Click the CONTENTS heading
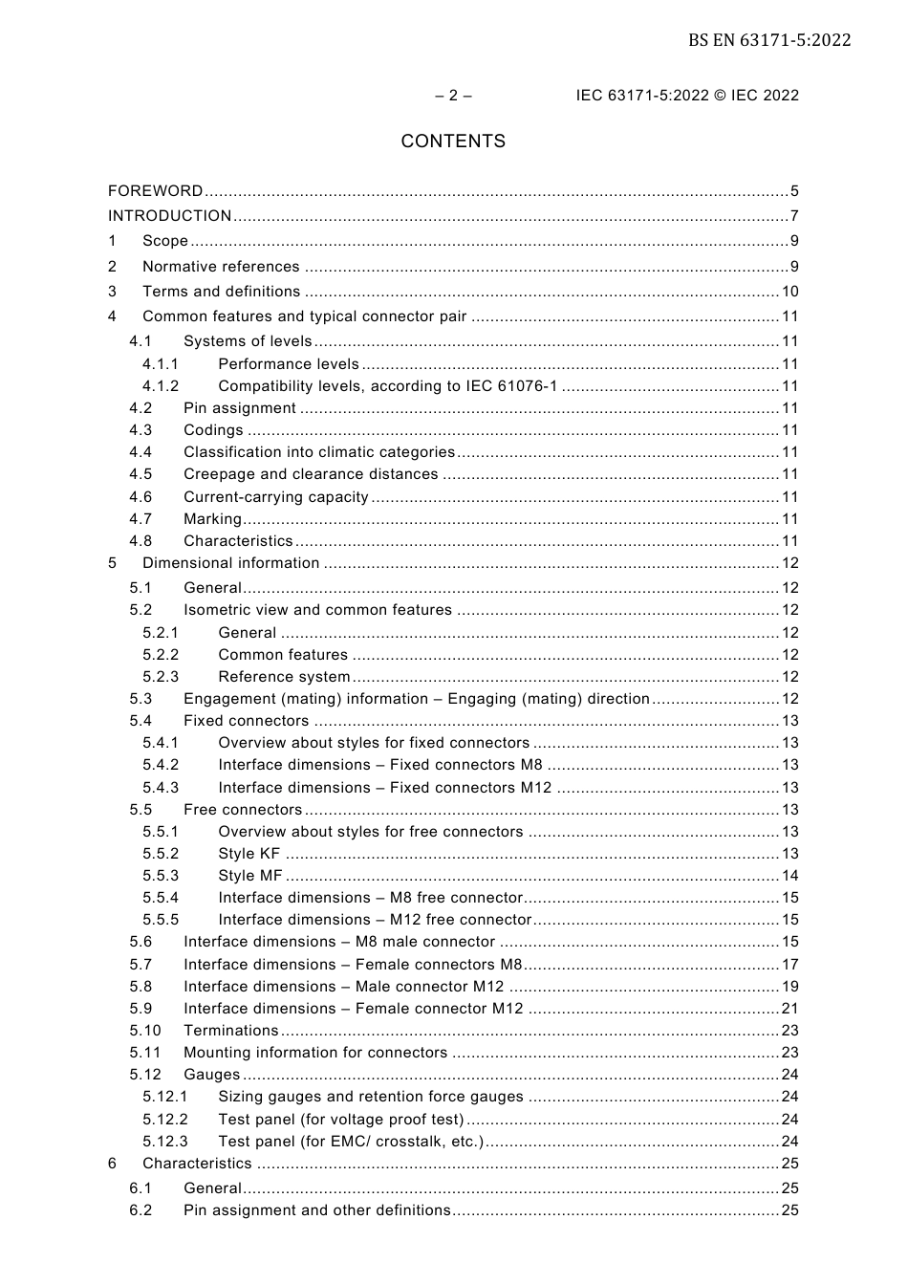tap(453, 142)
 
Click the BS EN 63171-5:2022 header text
tap(768, 40)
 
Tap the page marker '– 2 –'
tap(453, 96)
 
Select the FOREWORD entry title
tap(155, 191)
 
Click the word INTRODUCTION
tap(169, 216)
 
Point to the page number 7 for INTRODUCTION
tap(793, 216)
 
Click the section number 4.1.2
tap(161, 386)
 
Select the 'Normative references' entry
tap(221, 267)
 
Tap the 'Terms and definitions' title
tap(221, 292)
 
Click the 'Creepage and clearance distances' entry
tap(311, 474)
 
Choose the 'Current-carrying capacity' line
tap(276, 497)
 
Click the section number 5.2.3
tap(161, 677)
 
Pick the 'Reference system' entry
tap(284, 677)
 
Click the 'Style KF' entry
tap(249, 854)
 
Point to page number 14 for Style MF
tap(789, 876)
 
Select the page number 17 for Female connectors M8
tap(789, 965)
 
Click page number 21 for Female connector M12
tap(789, 1009)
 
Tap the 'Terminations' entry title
tap(230, 1031)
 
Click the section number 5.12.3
tap(165, 1142)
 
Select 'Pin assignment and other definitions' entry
tap(316, 1210)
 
